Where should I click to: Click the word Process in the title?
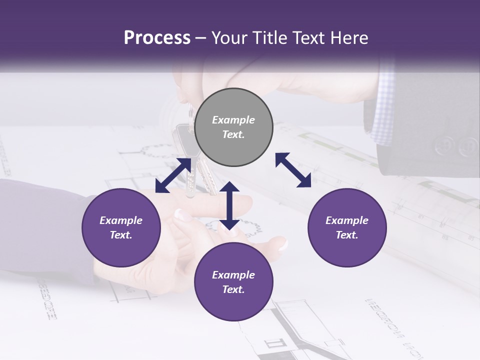coord(157,38)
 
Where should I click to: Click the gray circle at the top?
coord(233,127)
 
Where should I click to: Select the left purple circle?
coord(121,227)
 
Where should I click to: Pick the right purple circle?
coord(347,227)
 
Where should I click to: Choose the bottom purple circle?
coord(233,282)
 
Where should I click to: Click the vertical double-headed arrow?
coord(229,205)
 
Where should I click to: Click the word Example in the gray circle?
coord(233,120)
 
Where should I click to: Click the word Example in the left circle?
coord(121,220)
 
